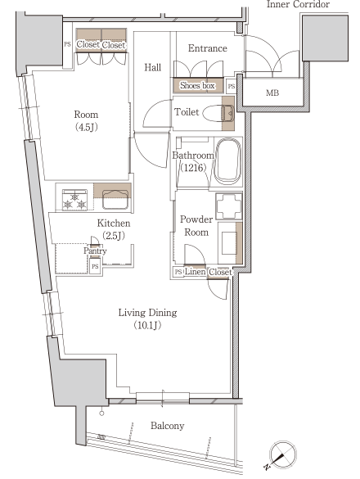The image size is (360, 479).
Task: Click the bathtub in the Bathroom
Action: point(227,161)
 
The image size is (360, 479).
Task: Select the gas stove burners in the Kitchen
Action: point(74,200)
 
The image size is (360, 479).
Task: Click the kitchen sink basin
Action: point(115,199)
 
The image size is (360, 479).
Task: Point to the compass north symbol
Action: point(281,455)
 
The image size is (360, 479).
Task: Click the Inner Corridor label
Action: point(298,4)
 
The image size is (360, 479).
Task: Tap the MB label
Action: point(272,93)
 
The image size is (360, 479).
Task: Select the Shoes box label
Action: point(197,85)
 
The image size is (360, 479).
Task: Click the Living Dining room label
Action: point(147,313)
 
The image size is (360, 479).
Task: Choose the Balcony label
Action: point(168,426)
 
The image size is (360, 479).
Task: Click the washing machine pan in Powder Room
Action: point(229,206)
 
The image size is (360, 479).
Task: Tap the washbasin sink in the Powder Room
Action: point(229,243)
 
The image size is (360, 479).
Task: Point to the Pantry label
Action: point(95,251)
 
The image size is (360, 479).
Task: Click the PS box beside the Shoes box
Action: point(232,87)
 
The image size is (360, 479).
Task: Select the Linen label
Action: point(195,271)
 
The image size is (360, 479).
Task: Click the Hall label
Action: point(153,67)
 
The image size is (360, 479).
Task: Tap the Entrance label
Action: point(208,48)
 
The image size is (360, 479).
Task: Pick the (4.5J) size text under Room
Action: point(87,127)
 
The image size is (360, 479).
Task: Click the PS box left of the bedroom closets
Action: point(67,44)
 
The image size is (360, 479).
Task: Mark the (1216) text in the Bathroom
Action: point(193,168)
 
